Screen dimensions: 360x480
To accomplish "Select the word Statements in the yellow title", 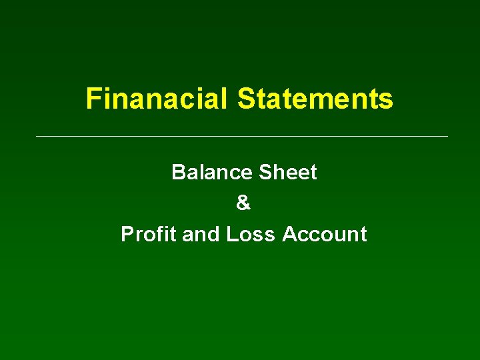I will pos(315,99).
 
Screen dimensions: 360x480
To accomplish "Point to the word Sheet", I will pos(287,173).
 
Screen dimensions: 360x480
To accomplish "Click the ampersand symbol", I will pos(243,203).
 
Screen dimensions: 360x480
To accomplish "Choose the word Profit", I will pos(149,235).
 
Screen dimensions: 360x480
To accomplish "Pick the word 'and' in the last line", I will pos(201,235).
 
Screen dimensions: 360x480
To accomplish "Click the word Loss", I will pos(251,235).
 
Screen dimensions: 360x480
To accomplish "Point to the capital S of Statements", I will pos(245,99).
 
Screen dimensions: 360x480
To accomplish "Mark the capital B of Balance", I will pos(178,173).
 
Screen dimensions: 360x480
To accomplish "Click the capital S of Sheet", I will pos(264,173).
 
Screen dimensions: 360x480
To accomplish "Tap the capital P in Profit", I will pos(127,235).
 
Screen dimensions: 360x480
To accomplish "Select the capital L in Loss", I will pos(231,235).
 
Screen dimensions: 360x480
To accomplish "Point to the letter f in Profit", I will pos(161,235).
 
